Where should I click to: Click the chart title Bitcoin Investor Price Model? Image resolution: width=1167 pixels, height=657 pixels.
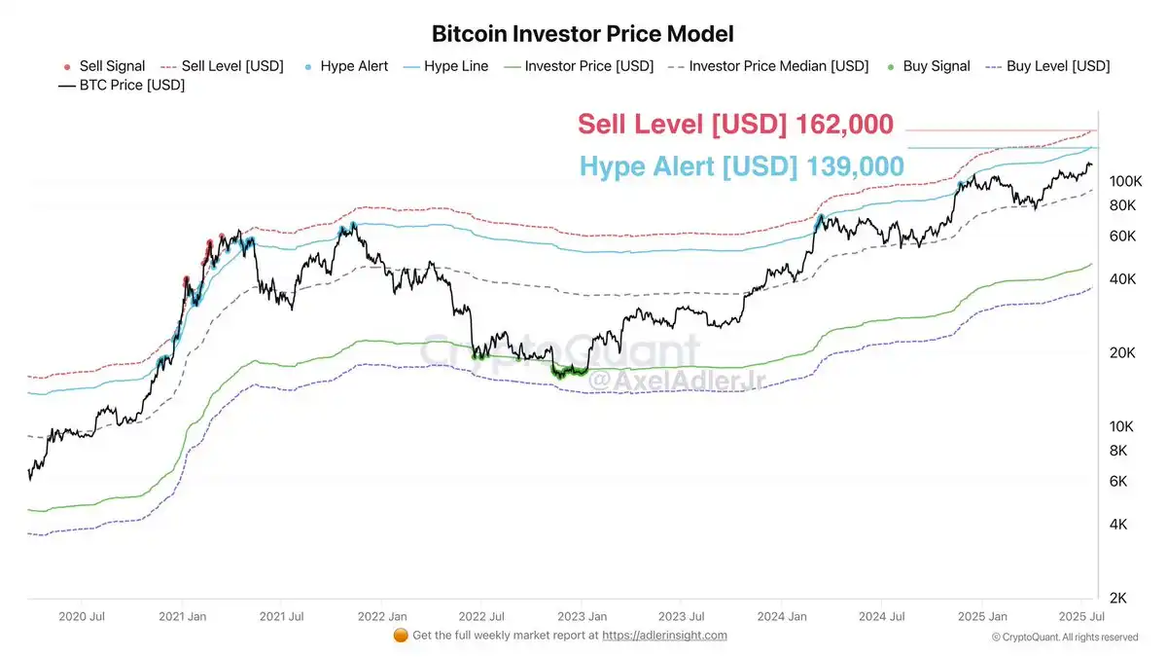(582, 33)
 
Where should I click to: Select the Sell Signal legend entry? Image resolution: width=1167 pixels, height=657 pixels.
(104, 66)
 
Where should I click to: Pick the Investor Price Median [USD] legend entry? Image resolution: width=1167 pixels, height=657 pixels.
(768, 66)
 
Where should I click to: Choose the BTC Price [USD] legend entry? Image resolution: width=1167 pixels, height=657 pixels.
(122, 85)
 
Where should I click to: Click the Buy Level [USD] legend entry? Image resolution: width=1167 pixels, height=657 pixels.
(1047, 66)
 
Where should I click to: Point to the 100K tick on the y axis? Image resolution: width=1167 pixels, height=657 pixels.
(1124, 182)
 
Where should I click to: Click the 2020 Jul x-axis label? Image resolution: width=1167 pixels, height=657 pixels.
(82, 616)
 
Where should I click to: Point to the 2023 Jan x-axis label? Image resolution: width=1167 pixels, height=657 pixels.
(583, 616)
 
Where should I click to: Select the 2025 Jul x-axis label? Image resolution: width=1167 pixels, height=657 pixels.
(1081, 616)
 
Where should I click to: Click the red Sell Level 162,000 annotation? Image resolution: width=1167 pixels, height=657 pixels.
(735, 125)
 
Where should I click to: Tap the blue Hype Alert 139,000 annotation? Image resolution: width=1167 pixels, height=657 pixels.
(742, 166)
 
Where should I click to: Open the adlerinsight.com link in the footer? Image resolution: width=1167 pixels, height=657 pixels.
(664, 636)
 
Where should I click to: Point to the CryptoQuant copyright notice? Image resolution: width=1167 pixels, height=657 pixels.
(1065, 637)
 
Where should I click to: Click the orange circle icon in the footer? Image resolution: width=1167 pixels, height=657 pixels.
(400, 636)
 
